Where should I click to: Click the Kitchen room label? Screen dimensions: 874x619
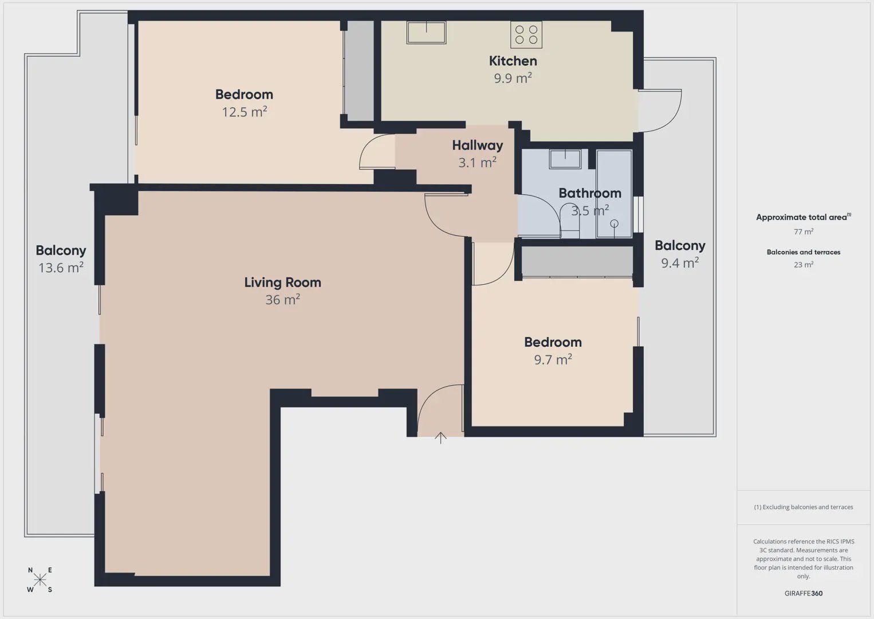click(x=513, y=61)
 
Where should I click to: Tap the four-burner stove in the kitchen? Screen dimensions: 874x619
click(x=526, y=35)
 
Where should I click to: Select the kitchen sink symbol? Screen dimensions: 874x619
click(x=426, y=33)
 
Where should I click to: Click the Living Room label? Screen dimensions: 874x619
click(x=282, y=283)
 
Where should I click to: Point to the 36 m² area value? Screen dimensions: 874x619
click(x=282, y=300)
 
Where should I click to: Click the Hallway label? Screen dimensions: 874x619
click(x=478, y=145)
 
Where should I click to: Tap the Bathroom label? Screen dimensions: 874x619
click(x=590, y=193)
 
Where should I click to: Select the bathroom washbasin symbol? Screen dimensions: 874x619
click(x=565, y=159)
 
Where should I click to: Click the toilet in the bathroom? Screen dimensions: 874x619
click(x=570, y=221)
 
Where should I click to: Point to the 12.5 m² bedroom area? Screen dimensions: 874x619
click(x=244, y=112)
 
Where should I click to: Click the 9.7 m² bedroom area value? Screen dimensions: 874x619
click(x=553, y=359)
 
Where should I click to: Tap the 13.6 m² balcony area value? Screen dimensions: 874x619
click(x=61, y=268)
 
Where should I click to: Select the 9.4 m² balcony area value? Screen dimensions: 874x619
click(x=680, y=263)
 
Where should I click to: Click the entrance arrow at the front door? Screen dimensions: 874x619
click(x=440, y=438)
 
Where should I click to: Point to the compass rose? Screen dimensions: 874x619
click(x=40, y=580)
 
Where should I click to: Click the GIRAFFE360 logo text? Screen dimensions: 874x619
click(x=804, y=593)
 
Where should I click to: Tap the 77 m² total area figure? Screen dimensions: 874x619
click(x=804, y=232)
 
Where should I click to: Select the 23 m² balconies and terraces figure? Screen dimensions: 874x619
click(x=804, y=264)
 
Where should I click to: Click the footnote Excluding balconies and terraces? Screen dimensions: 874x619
click(x=804, y=507)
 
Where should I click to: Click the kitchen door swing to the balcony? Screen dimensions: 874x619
click(x=670, y=120)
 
